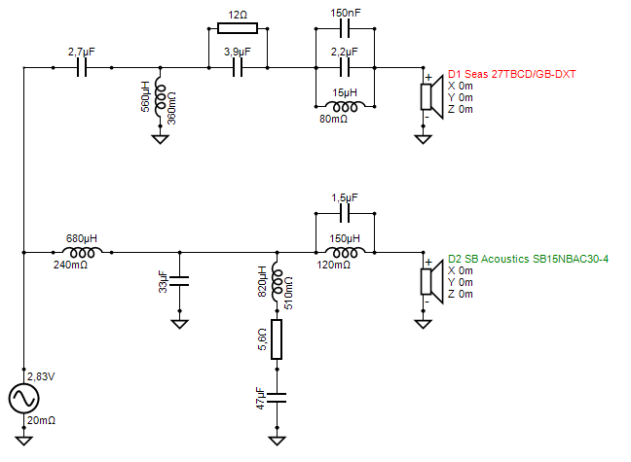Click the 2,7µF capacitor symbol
point(82,68)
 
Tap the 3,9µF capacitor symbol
point(237,68)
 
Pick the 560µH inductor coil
point(159,97)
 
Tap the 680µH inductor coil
point(82,252)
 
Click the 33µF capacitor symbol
point(180,283)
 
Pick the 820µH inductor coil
point(277,283)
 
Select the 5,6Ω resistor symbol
point(277,339)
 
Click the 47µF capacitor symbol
point(277,397)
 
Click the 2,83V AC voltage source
point(23,399)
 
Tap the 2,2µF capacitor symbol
point(344,68)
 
